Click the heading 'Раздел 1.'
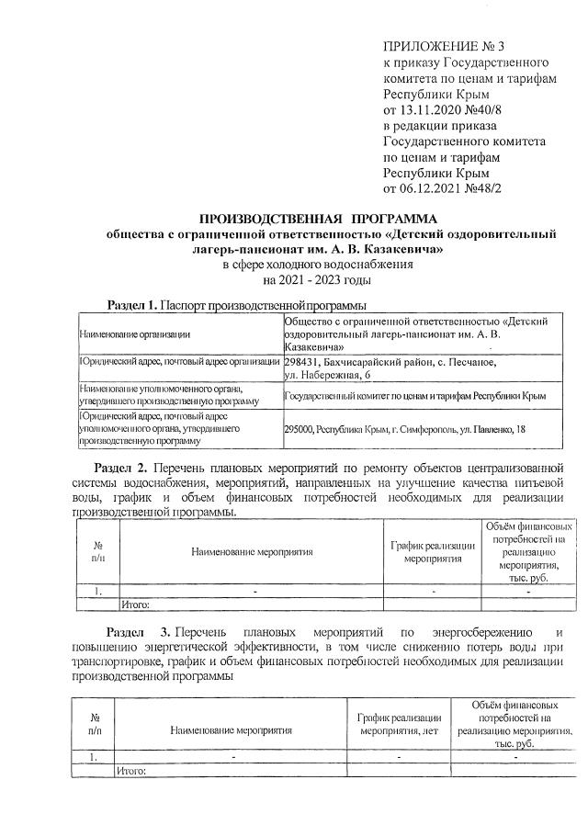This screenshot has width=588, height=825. point(134,304)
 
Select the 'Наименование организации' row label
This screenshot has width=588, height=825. point(134,334)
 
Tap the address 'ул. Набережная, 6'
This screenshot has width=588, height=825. point(328,375)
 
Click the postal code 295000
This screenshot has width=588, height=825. point(302,428)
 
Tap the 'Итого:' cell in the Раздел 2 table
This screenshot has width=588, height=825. point(135,605)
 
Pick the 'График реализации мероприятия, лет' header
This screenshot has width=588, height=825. point(399,724)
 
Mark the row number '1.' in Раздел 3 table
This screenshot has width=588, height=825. point(95,756)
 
